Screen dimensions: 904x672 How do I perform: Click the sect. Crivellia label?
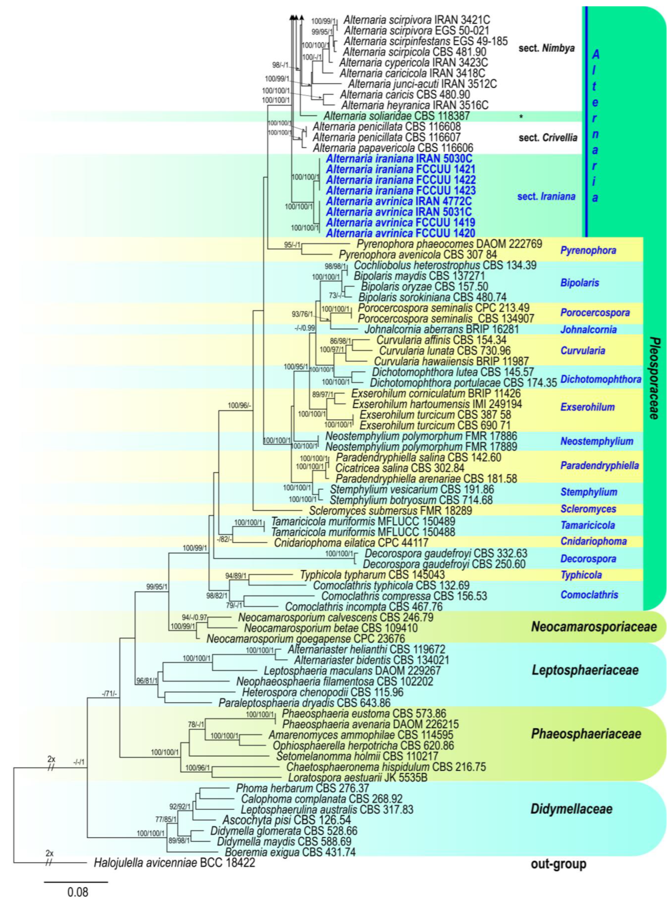[x=547, y=138]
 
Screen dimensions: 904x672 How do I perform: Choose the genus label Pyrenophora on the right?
[x=588, y=250]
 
